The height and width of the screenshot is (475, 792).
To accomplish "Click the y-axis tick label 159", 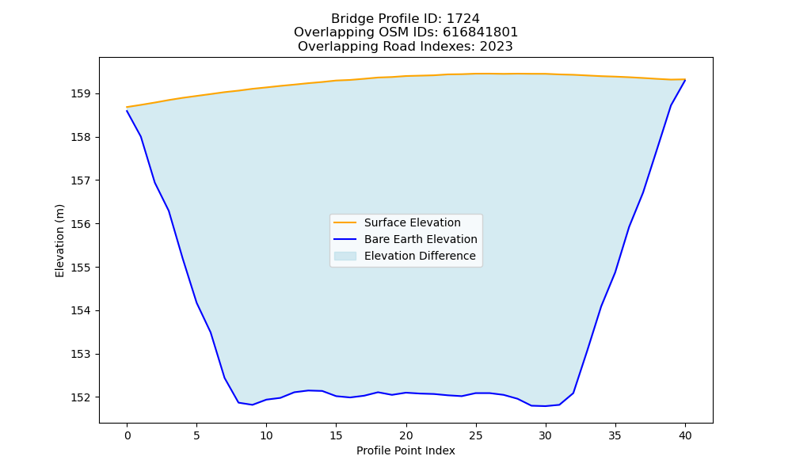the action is point(80,94).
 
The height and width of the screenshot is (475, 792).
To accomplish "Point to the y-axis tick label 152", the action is point(80,397).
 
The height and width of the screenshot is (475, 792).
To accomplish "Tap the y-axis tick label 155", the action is point(80,268).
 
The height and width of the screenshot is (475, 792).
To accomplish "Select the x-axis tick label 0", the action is point(128,435).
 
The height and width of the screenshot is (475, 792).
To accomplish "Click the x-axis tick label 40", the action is point(685,435).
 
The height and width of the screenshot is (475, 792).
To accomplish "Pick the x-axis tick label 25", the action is point(476,435).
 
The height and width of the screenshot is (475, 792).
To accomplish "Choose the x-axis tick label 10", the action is point(266,435).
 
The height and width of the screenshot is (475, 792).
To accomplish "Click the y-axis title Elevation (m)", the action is point(59,241).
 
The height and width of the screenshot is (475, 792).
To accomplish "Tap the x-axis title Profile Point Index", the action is point(406,450).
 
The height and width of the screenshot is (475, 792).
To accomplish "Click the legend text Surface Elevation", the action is point(412,222).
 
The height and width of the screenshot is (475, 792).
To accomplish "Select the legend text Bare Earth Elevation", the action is point(421,239).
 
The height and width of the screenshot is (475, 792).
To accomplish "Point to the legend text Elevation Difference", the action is point(420,256).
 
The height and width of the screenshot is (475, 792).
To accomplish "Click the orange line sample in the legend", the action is point(345,222).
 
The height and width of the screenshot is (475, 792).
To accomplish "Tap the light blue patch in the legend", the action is point(345,256).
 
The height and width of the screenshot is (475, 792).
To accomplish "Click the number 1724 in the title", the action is point(463,19).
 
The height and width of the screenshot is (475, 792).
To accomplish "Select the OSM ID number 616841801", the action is point(481,32).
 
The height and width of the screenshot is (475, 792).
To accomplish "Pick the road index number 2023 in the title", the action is point(496,47).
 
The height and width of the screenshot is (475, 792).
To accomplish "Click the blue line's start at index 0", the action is point(127,111).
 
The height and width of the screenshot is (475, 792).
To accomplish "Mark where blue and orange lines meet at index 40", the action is point(685,80).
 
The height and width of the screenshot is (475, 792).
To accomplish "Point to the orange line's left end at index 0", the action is point(127,107).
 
